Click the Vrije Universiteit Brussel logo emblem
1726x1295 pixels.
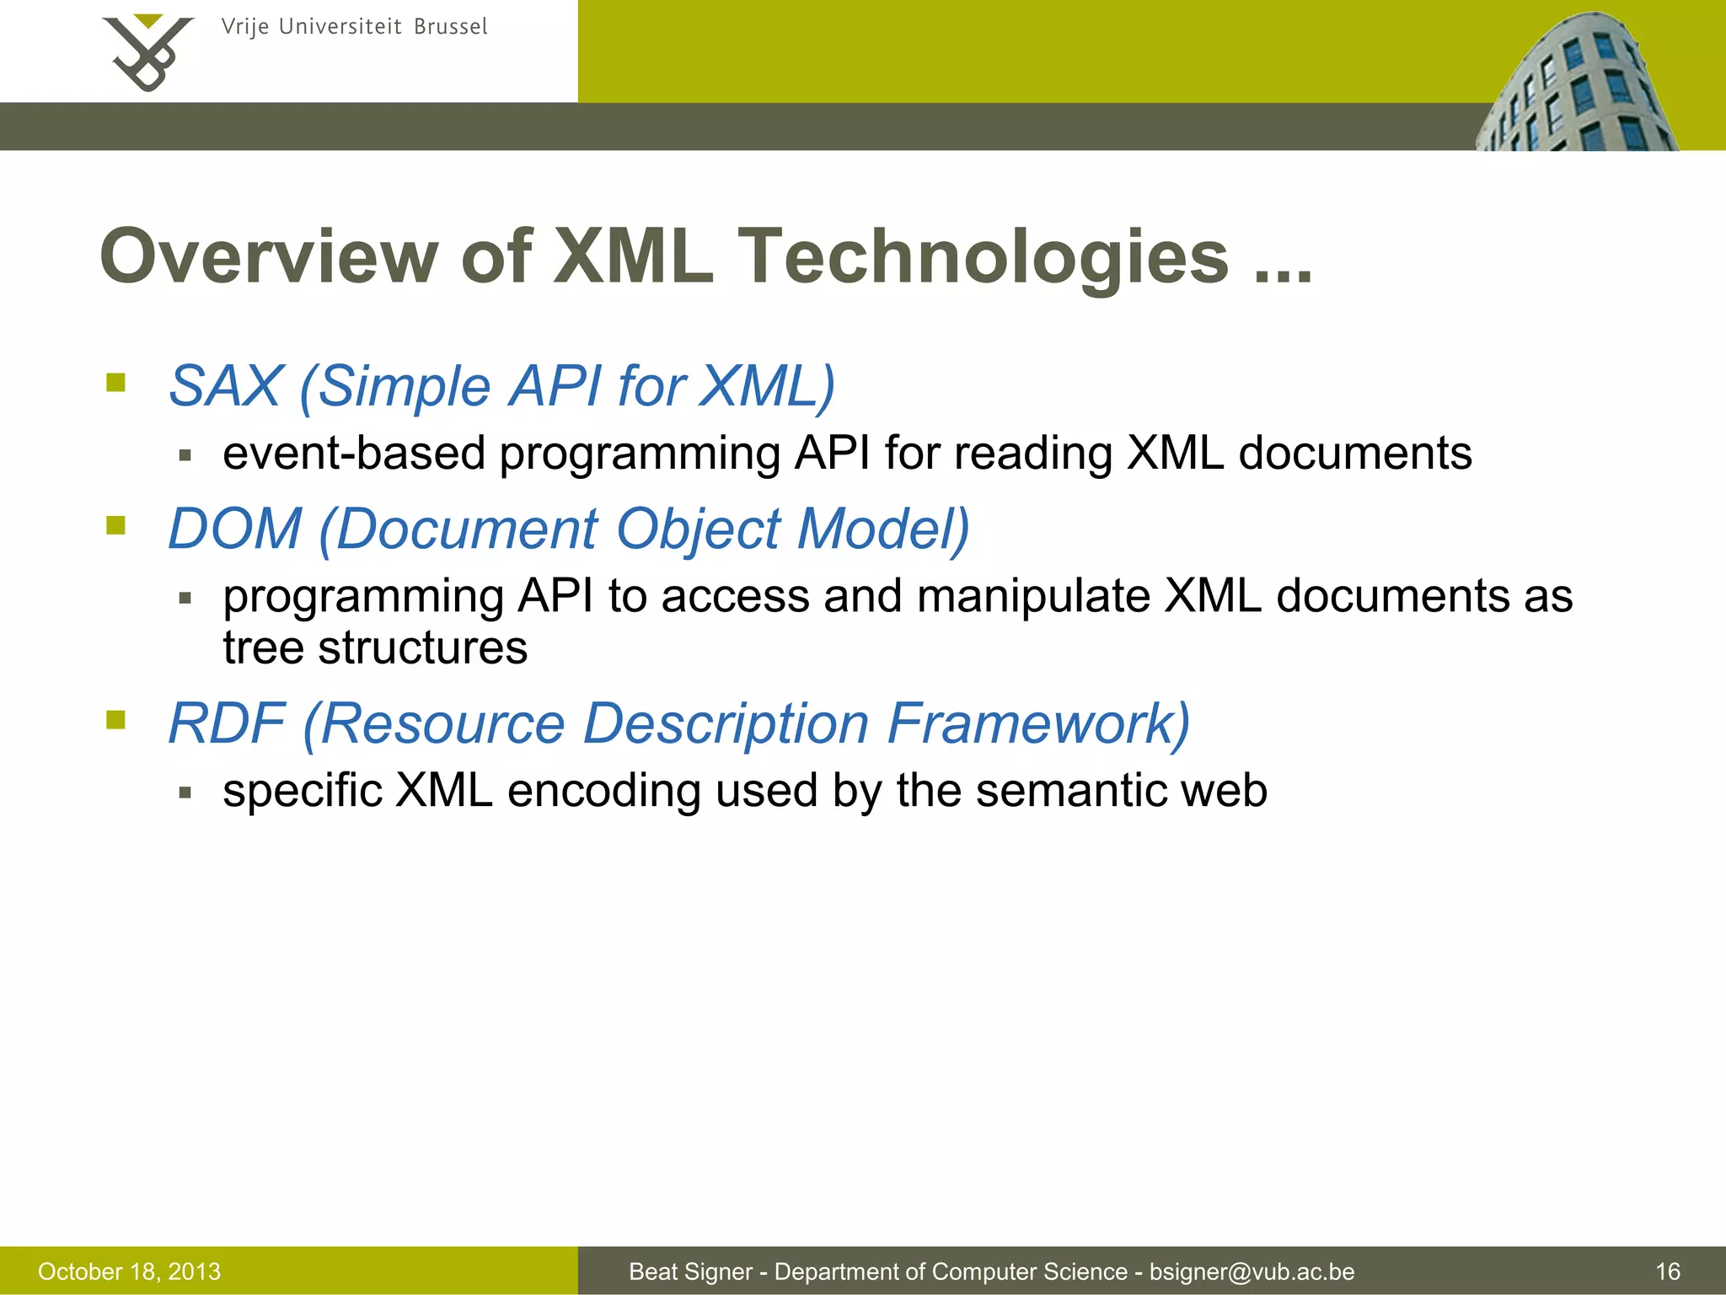(147, 52)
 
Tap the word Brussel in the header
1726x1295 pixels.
(450, 27)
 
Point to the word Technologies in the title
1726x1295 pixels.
(983, 256)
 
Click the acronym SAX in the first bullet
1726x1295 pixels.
(225, 386)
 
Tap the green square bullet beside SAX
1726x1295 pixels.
(116, 384)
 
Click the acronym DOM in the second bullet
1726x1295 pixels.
(235, 529)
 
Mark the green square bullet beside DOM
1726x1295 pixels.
(116, 526)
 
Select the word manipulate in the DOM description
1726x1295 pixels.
(1033, 596)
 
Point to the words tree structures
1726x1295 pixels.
(375, 647)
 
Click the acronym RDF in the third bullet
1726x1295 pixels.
(227, 723)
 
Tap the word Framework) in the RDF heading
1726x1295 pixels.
(1038, 723)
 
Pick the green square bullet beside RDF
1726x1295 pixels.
(116, 720)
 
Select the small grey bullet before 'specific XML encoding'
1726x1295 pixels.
(185, 793)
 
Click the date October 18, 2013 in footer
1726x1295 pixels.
(129, 1271)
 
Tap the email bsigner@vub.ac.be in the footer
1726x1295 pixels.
(1252, 1271)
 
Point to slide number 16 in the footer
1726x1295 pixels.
(1668, 1271)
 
